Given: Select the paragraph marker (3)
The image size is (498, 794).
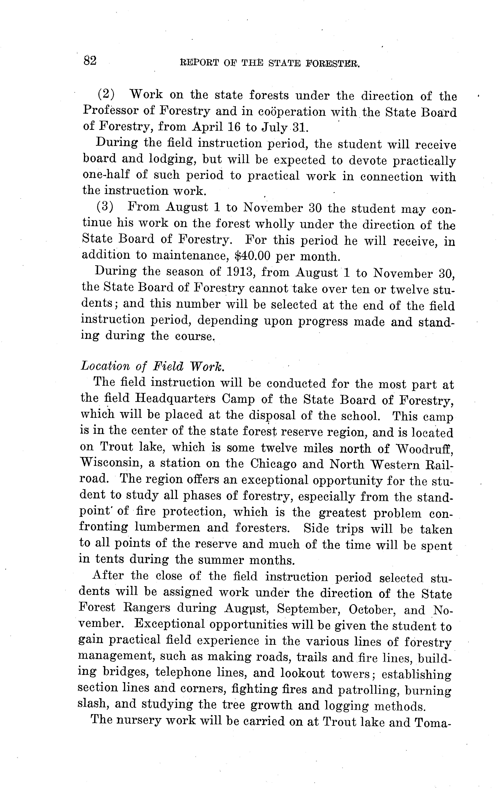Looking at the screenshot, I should [x=105, y=207].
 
